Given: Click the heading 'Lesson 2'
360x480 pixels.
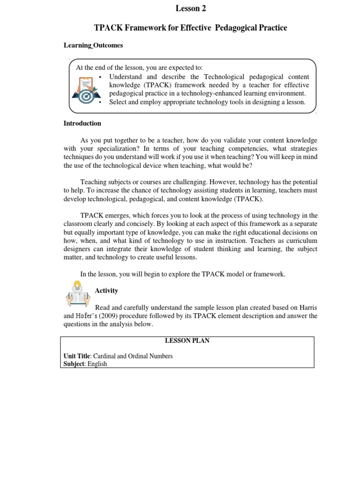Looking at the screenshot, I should (191, 8).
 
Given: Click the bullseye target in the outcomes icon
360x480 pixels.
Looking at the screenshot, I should (86, 96).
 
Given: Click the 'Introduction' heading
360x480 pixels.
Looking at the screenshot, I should (82, 124).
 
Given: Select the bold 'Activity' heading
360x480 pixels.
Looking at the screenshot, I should (106, 291).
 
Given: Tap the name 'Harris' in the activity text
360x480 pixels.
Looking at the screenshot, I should (307, 307).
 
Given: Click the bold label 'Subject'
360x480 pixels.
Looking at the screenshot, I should (74, 364).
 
